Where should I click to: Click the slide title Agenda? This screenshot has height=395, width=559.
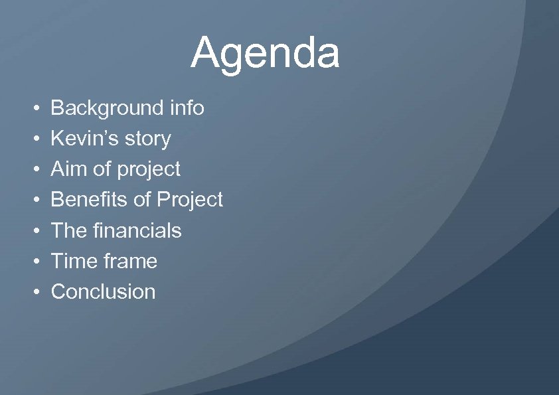pos(265,53)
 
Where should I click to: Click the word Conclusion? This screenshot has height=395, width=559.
pos(103,291)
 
